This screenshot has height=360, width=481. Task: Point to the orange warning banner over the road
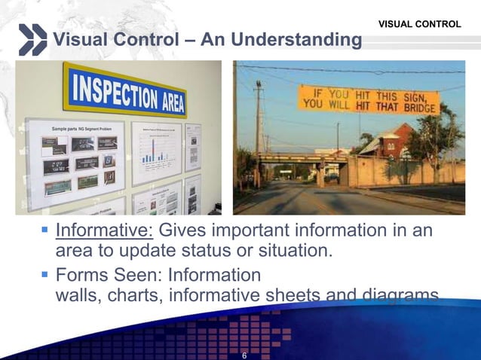pos(369,99)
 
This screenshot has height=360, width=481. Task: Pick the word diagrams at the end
pos(400,294)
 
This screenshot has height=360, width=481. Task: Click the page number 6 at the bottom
pos(244,355)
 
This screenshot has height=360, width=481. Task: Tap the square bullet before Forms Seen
pos(46,275)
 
